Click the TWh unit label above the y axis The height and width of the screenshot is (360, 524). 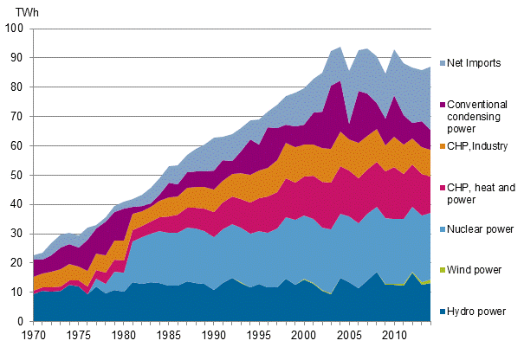pos(15,11)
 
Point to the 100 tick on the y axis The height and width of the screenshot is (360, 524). pos(15,29)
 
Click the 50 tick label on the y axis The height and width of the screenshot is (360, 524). pos(17,175)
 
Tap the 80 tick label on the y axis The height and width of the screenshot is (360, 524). pos(17,87)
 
